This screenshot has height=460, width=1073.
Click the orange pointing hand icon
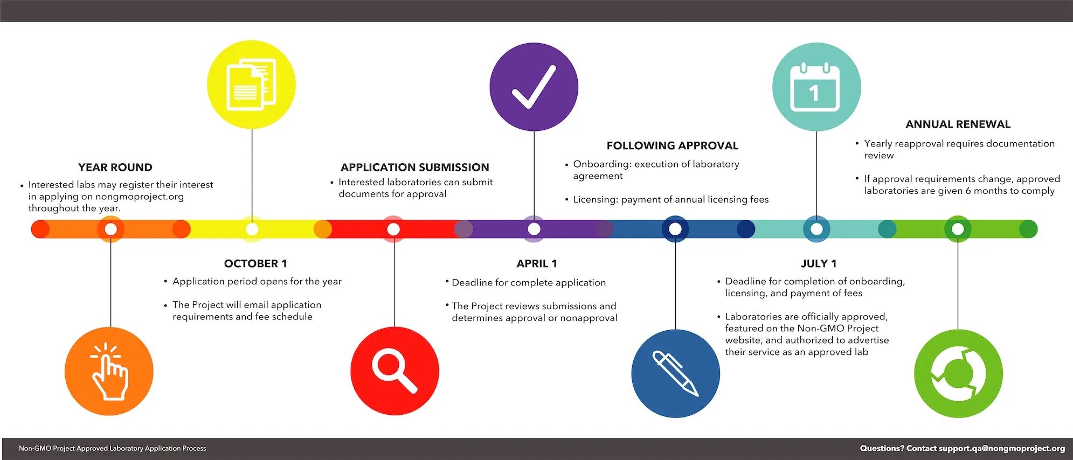(109, 372)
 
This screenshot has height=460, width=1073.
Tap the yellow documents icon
(251, 85)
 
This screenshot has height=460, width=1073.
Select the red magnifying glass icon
(394, 371)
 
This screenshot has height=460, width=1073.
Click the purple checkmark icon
(534, 87)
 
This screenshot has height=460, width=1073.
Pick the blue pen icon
(675, 373)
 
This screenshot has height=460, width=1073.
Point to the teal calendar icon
(816, 87)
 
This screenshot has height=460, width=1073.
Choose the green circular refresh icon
(958, 373)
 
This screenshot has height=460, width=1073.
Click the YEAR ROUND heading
(115, 168)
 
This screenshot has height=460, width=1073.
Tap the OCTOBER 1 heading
(255, 263)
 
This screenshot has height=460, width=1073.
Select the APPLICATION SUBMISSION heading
(415, 168)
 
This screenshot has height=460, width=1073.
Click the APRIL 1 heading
(537, 263)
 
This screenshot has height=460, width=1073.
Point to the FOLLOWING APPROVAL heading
(672, 145)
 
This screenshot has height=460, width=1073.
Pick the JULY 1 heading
(818, 263)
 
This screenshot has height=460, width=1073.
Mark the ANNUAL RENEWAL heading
(958, 124)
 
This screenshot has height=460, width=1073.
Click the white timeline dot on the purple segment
(534, 229)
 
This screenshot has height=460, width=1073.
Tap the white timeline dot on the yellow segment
(252, 229)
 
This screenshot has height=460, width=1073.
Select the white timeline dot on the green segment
(958, 229)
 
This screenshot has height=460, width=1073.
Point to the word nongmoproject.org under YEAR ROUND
(140, 197)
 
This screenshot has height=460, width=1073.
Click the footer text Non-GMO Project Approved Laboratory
(81, 448)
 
